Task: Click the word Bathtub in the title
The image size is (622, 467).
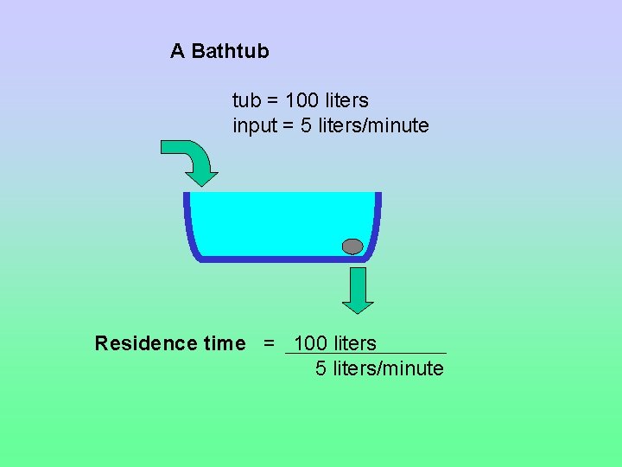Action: click(x=230, y=51)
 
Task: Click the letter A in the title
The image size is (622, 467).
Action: click(x=177, y=51)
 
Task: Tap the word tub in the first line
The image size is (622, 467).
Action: click(x=246, y=101)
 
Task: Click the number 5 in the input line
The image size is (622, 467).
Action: click(x=307, y=126)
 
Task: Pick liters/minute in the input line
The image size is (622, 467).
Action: click(x=373, y=126)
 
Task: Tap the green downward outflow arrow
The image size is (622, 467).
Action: click(x=358, y=290)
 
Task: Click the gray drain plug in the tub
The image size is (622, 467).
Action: click(x=352, y=246)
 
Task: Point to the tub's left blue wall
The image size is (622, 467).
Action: click(x=187, y=221)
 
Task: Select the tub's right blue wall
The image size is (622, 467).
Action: click(x=378, y=221)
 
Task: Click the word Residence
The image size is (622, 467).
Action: click(x=146, y=344)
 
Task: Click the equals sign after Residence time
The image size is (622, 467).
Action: click(x=269, y=344)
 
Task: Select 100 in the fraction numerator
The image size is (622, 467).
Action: click(x=310, y=343)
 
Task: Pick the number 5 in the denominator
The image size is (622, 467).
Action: click(x=321, y=369)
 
